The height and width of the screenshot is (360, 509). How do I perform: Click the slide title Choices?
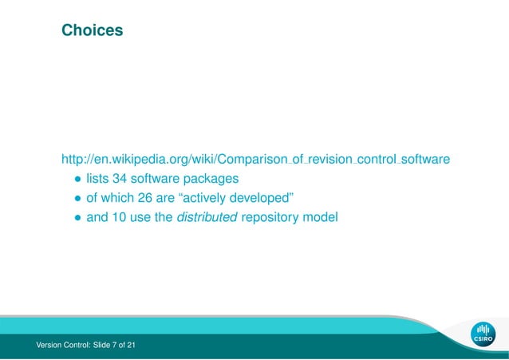point(93,31)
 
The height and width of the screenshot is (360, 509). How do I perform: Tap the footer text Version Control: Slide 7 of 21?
point(81,345)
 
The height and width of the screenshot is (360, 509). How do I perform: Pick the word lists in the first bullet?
point(97,178)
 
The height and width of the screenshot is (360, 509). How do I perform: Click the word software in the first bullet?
point(157,178)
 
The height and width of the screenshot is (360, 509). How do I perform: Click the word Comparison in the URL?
point(254,160)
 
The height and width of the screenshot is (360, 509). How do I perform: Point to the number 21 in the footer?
point(130,345)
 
